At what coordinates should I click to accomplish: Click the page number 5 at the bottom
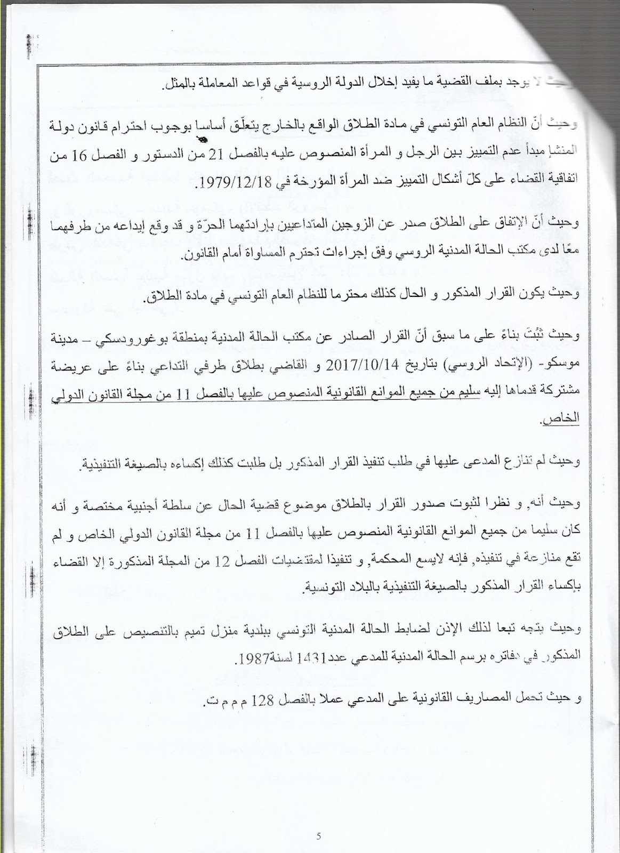[318, 836]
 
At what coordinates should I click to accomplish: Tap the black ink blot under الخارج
[203, 140]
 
